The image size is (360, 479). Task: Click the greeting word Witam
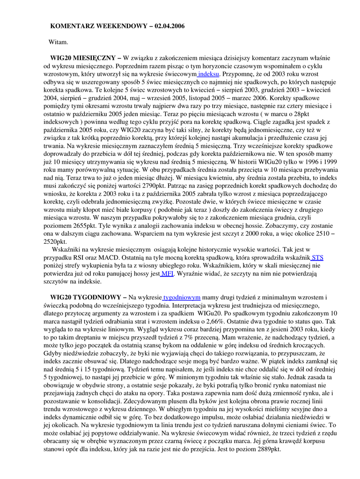[x=59, y=42]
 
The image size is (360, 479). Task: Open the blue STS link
[x=317, y=257]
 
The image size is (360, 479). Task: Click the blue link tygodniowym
[x=182, y=297]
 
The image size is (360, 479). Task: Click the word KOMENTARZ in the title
[x=72, y=26]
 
